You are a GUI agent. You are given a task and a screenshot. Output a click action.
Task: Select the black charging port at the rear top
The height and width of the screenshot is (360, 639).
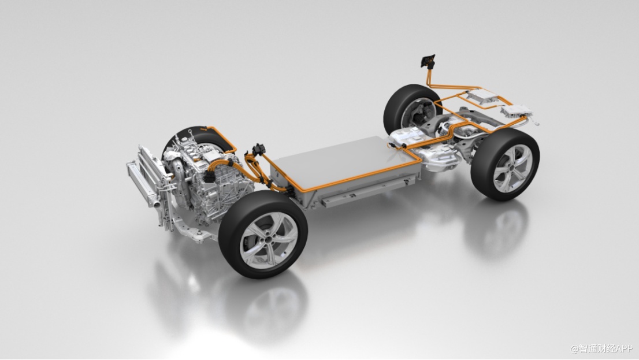click(x=428, y=61)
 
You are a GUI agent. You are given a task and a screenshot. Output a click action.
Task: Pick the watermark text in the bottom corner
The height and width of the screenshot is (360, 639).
click(x=601, y=349)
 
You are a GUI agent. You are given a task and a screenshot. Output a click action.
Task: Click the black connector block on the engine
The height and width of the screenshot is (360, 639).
click(x=210, y=177)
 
